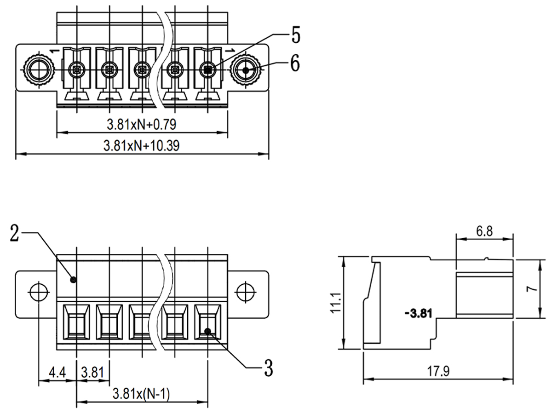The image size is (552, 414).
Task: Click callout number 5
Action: click(x=294, y=35)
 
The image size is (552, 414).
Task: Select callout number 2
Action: click(x=15, y=234)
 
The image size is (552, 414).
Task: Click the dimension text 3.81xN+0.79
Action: click(x=142, y=124)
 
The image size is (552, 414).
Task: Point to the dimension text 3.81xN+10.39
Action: click(x=142, y=146)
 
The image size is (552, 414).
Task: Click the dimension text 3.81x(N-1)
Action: click(x=141, y=394)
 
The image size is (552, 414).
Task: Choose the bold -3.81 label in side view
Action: click(x=418, y=314)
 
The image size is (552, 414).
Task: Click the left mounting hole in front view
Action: click(x=38, y=292)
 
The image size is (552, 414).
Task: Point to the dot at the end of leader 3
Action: click(x=208, y=331)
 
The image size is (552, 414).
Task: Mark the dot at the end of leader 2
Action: click(x=73, y=279)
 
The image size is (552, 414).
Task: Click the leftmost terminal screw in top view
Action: click(x=76, y=70)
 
